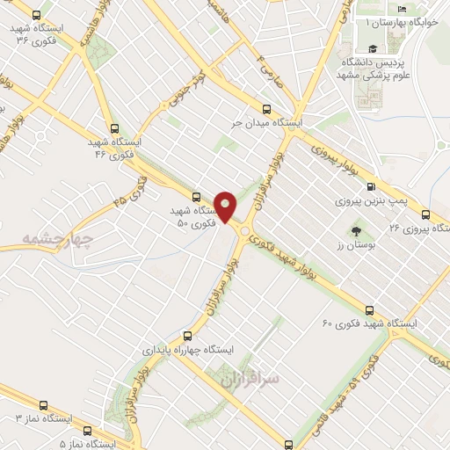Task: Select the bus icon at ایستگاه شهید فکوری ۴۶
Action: (x=112, y=127)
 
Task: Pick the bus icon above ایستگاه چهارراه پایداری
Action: (x=186, y=335)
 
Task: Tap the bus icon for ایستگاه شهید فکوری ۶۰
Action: (x=369, y=310)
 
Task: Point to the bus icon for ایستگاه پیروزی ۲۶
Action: (x=425, y=214)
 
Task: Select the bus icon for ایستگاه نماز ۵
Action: (x=87, y=431)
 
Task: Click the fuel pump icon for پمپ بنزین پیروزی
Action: (x=370, y=186)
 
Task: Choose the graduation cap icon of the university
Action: (x=373, y=49)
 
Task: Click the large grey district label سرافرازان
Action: (x=247, y=379)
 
